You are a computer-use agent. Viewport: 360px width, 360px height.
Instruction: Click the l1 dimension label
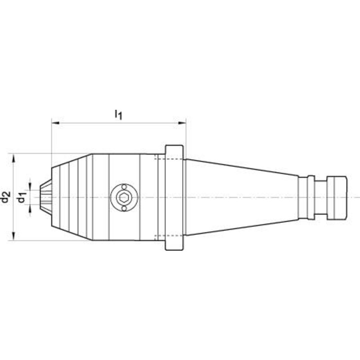(118, 115)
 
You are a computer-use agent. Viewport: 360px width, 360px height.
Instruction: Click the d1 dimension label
(22, 198)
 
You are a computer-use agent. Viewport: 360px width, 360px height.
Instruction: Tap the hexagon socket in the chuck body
(124, 197)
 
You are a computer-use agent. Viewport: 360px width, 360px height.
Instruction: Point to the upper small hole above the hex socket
(124, 186)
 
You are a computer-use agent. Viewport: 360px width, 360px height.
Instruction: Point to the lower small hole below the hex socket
(124, 208)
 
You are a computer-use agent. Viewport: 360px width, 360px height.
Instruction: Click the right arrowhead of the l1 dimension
(182, 123)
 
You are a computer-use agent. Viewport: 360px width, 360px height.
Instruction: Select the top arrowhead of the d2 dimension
(13, 158)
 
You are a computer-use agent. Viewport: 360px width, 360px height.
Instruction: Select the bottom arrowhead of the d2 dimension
(13, 236)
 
